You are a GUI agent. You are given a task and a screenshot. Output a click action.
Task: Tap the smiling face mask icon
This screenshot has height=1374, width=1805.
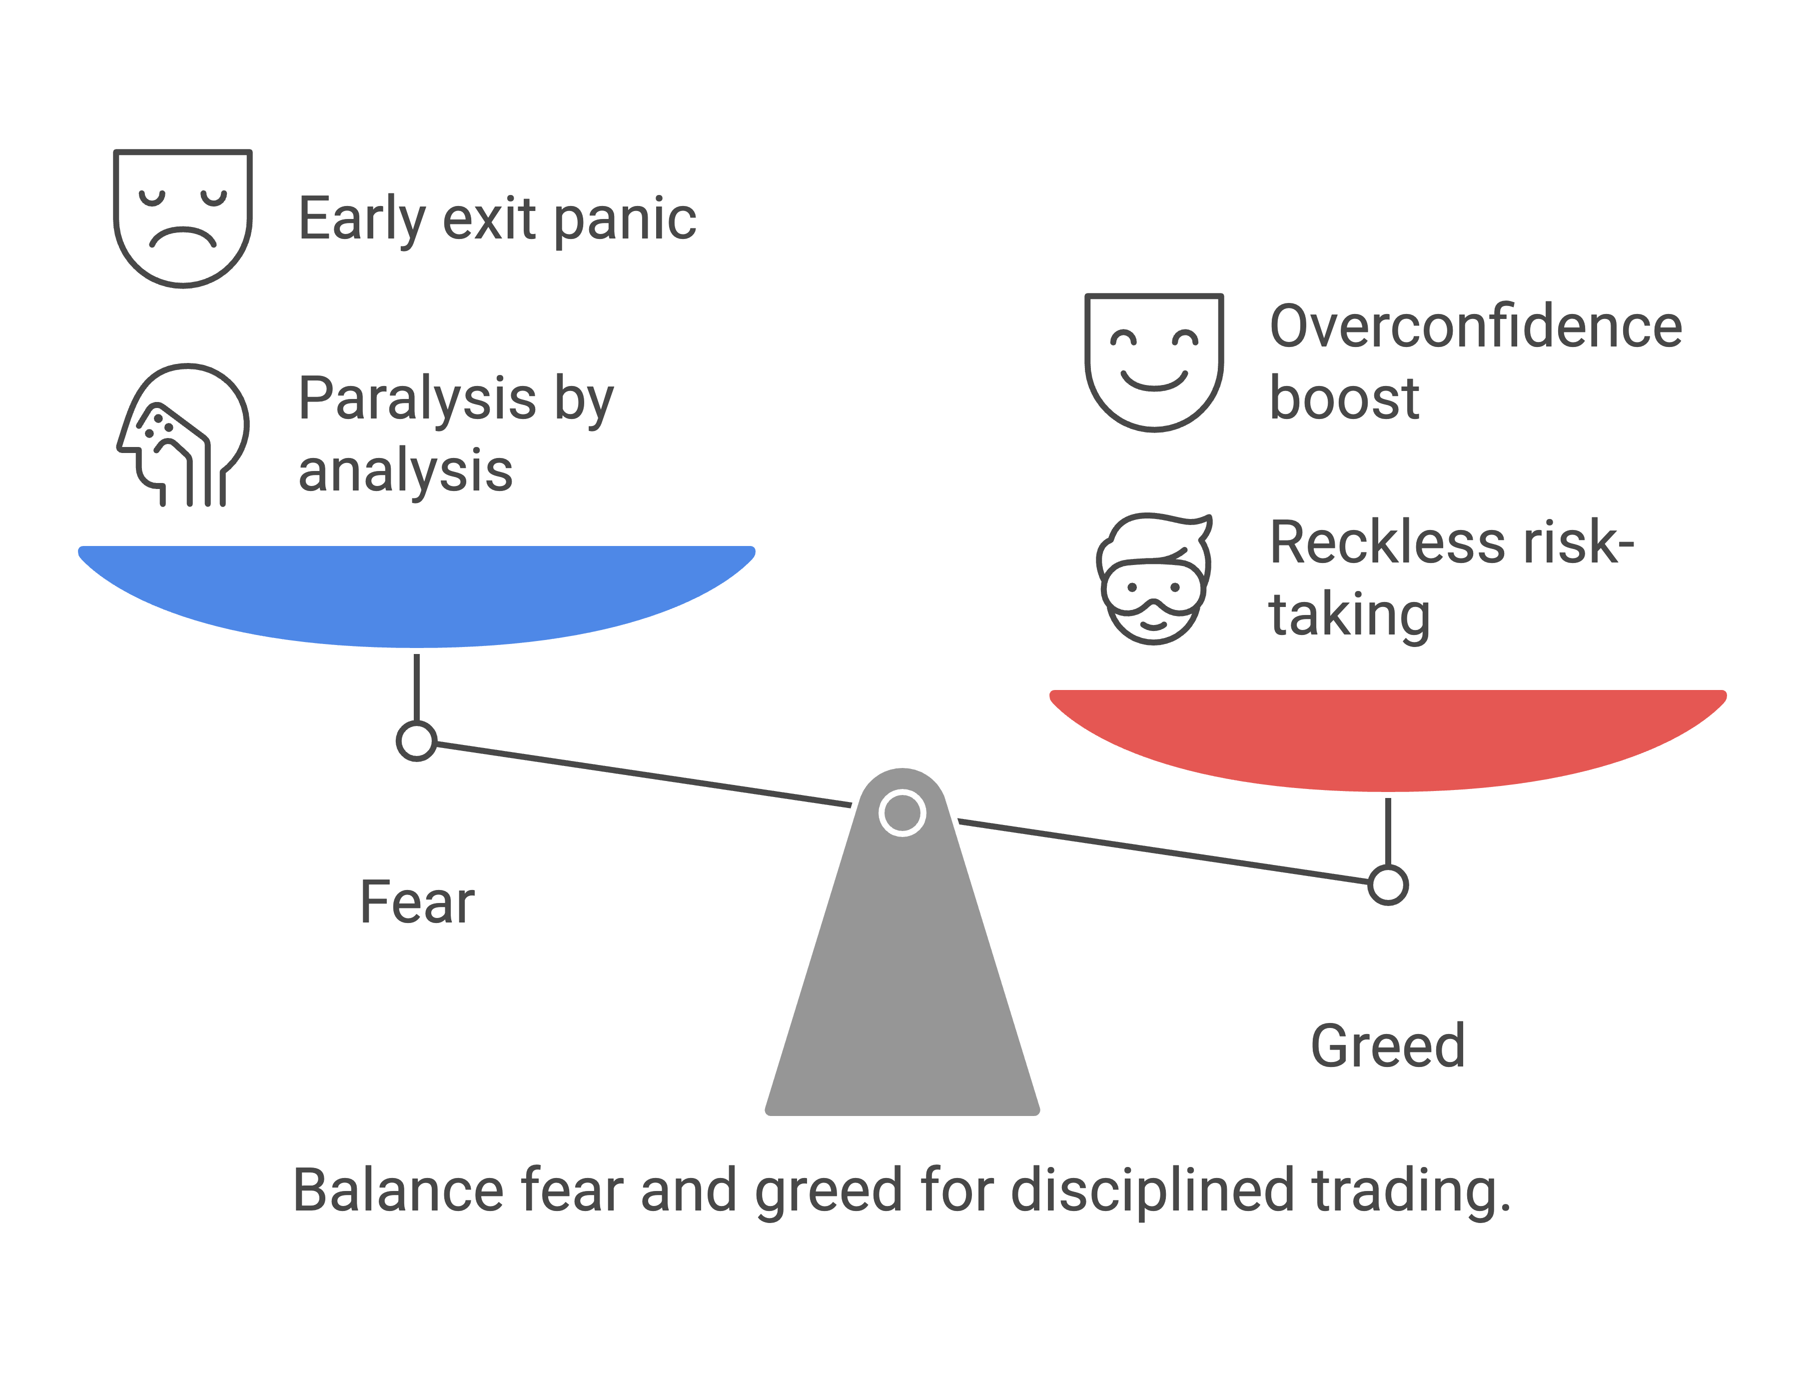click(1153, 361)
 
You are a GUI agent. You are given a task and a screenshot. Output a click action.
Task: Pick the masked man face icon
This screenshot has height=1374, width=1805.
click(1153, 578)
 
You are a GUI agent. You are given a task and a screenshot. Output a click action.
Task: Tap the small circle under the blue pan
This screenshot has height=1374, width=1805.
click(416, 741)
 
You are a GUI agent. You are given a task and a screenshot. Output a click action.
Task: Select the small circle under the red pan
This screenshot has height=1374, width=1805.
click(1387, 885)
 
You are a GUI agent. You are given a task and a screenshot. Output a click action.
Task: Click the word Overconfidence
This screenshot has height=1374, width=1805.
click(1476, 326)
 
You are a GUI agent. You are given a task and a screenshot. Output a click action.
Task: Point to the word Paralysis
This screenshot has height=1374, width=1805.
click(417, 398)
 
